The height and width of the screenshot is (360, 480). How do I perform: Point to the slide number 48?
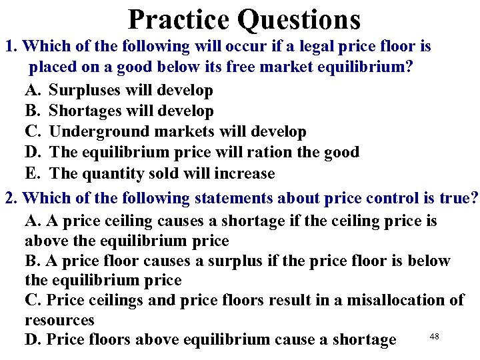coord(434,337)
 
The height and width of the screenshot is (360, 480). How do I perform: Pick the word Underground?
coord(99,132)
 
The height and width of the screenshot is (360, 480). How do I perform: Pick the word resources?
coord(59,320)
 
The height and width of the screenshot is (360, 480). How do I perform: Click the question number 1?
coord(10,47)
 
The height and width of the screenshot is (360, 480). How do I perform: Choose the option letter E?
coord(33,173)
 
